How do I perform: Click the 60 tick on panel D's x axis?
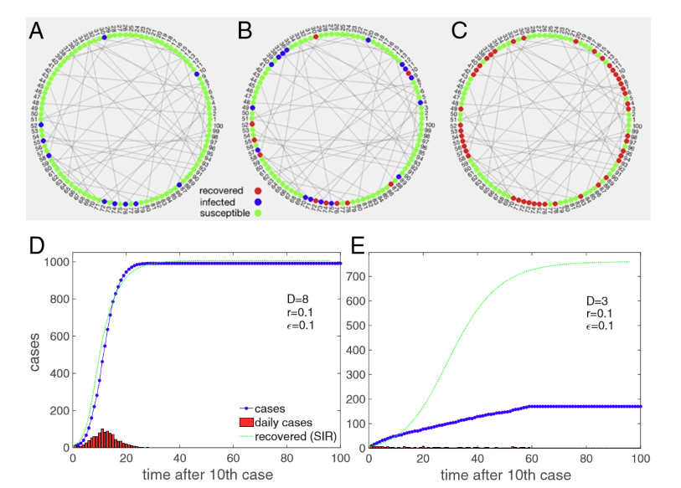pos(233,460)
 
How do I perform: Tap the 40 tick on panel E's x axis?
pos(477,460)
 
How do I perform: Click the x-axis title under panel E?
pos(504,475)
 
